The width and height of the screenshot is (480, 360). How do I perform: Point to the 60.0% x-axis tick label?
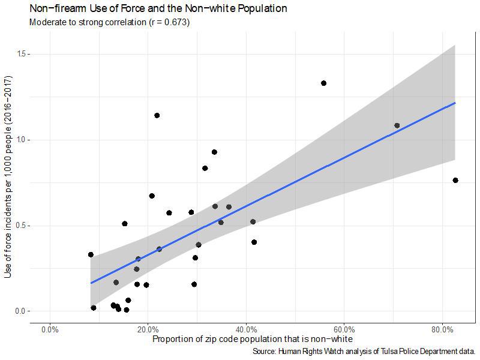click(x=344, y=330)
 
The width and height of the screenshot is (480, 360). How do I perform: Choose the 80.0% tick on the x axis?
click(x=442, y=330)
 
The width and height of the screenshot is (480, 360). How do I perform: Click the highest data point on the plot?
click(x=323, y=83)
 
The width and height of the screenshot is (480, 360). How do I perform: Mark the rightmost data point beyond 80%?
click(x=455, y=180)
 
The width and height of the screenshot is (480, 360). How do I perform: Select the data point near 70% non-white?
click(x=397, y=125)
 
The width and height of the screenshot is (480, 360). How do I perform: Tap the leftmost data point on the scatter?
click(x=91, y=254)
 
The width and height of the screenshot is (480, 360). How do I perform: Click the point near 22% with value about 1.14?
click(x=157, y=115)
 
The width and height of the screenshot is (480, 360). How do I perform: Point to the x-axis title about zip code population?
click(x=252, y=340)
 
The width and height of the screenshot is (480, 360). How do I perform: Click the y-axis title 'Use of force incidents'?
click(x=8, y=177)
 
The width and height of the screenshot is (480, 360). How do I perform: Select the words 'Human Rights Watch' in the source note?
click(x=308, y=351)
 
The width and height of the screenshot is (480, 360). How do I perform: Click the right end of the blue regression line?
click(x=455, y=103)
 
